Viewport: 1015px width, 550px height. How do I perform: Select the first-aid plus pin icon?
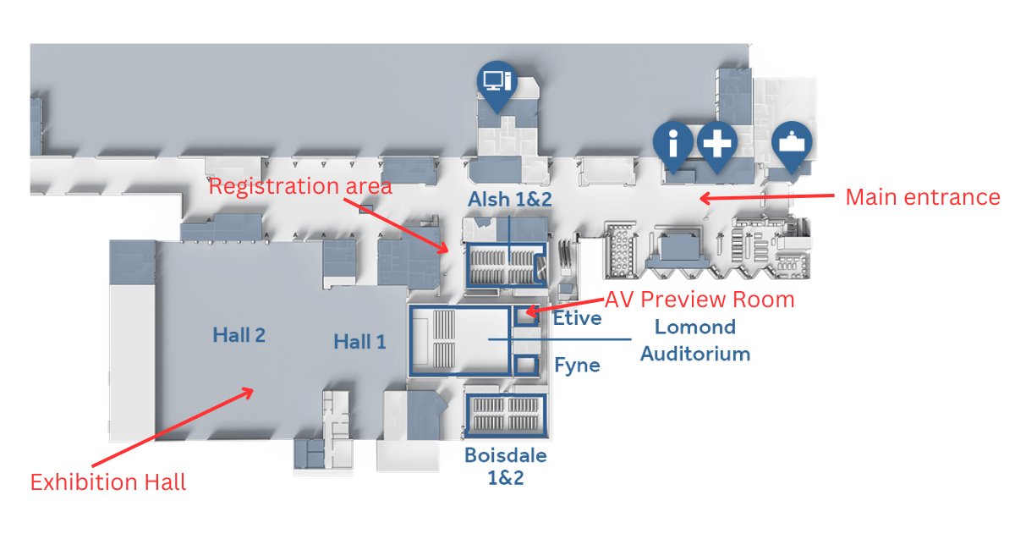(x=716, y=143)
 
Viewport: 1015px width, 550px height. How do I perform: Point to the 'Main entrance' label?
(x=922, y=197)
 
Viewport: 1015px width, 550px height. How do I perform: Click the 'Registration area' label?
(x=300, y=186)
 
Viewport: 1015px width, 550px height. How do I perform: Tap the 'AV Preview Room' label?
(x=699, y=300)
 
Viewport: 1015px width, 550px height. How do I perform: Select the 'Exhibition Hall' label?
(x=108, y=482)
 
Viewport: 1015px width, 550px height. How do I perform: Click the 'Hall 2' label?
(x=239, y=335)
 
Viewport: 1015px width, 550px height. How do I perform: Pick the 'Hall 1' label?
(x=359, y=342)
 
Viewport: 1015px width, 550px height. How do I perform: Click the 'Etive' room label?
(x=577, y=318)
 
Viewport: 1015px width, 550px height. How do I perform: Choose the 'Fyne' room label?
(x=577, y=366)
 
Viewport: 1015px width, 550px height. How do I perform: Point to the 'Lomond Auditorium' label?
(x=695, y=340)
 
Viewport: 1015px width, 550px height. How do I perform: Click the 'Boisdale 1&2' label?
(x=506, y=466)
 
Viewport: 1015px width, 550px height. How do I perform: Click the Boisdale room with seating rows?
(x=506, y=415)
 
